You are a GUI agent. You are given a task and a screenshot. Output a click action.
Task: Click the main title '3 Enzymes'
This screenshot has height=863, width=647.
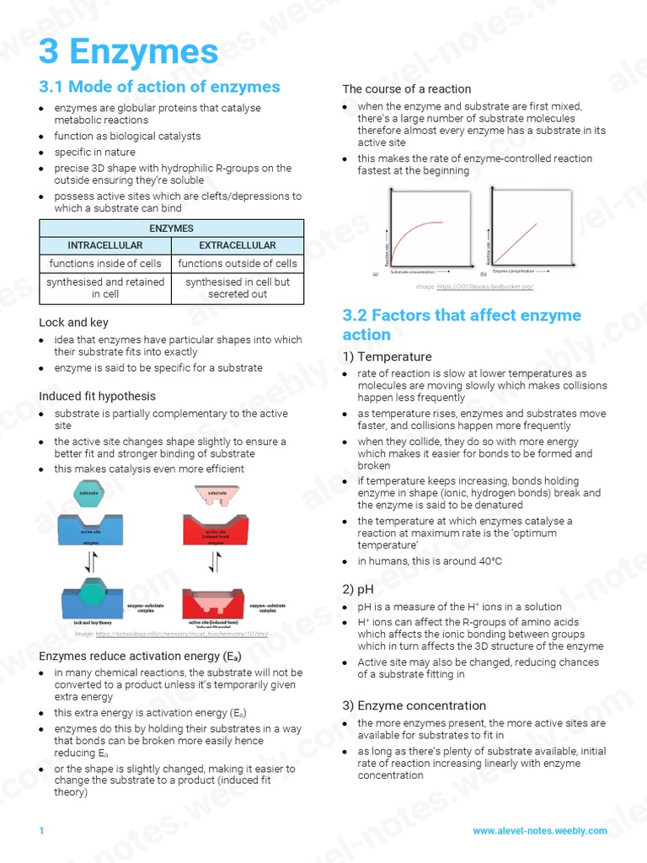click(129, 52)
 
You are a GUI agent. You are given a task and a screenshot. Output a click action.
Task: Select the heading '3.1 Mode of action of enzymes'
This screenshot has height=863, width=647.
click(159, 87)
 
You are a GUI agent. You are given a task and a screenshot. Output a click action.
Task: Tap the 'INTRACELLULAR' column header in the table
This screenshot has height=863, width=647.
click(105, 245)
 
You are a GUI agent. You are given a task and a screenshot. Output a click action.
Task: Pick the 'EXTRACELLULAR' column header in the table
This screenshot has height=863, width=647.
click(237, 245)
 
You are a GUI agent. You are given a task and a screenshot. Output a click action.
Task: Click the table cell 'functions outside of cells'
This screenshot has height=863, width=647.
click(237, 264)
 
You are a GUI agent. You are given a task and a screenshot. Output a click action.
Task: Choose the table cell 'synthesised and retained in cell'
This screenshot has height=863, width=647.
click(105, 288)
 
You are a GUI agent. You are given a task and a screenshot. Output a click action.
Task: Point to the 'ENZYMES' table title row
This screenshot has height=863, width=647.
click(171, 228)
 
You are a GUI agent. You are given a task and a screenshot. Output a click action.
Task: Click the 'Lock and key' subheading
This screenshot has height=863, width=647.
click(73, 322)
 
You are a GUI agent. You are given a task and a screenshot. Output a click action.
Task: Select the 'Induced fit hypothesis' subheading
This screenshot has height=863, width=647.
click(97, 396)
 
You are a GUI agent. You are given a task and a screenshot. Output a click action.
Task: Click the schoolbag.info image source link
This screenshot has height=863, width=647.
click(181, 634)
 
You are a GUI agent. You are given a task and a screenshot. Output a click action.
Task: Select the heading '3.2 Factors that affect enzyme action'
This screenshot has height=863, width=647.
click(461, 324)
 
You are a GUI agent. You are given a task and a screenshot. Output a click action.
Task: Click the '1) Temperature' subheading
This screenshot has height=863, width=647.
click(387, 357)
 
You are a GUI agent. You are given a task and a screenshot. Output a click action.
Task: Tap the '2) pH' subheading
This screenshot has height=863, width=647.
click(361, 589)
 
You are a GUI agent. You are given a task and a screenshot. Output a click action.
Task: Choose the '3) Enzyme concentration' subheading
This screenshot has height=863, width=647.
click(414, 705)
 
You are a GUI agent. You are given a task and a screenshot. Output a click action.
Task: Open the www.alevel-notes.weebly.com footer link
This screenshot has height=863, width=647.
click(539, 830)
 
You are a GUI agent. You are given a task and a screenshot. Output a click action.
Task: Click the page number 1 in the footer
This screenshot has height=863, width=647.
click(40, 831)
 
